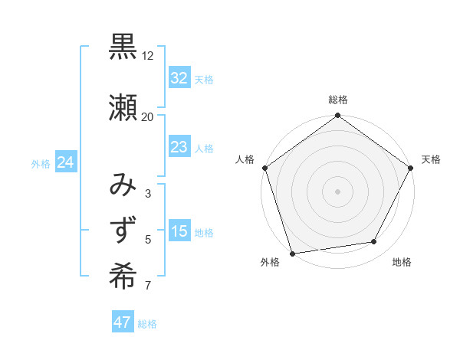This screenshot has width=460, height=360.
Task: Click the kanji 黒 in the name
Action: coord(123,48)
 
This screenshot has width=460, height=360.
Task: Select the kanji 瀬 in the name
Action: coord(123,106)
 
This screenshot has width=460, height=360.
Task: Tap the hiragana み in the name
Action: coord(123,186)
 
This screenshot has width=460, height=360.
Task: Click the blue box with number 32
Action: coord(179,78)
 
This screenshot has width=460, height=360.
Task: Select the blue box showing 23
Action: coord(179,148)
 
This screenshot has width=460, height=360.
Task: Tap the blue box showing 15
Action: coord(179,232)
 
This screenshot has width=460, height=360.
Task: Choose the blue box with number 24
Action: coord(65,162)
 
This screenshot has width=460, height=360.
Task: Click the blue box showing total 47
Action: coord(123,322)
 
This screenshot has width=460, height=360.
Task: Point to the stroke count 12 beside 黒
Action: coord(147,57)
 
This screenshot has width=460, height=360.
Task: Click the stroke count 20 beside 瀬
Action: coord(147,116)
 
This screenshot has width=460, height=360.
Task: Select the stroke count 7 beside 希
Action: coord(147,286)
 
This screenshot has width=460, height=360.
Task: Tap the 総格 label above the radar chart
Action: coord(337,100)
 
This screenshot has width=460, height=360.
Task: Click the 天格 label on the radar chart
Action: coord(431,159)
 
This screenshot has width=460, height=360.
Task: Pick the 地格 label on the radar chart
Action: coord(402,263)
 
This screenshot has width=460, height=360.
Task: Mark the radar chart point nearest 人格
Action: coord(265,168)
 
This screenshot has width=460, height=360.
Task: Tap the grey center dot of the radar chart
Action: coord(337,191)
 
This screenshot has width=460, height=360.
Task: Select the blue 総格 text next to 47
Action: coord(147,324)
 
